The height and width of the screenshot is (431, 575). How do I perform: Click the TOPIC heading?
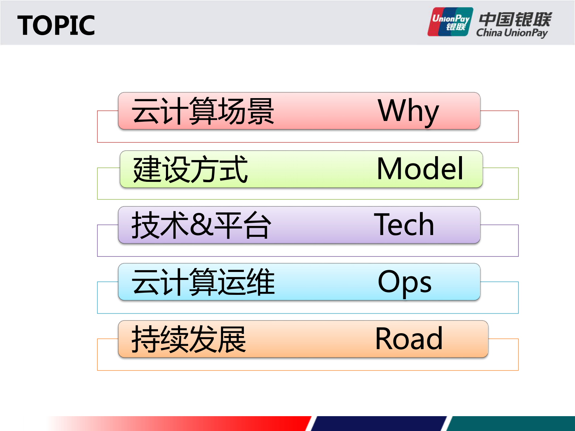tap(56, 26)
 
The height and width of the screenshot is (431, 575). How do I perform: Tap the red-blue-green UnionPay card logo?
tap(450, 22)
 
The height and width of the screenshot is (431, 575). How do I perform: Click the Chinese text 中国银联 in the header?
tap(515, 19)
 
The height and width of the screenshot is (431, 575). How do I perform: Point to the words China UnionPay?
tap(512, 33)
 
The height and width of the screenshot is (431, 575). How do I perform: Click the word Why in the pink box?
tap(408, 111)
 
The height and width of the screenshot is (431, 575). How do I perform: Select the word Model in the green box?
tap(420, 169)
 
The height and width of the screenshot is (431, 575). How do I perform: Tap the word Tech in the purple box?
tap(404, 225)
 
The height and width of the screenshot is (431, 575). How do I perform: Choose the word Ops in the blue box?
tap(404, 282)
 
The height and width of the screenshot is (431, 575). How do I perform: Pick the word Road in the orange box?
tap(409, 339)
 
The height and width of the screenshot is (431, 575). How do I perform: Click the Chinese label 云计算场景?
tap(203, 111)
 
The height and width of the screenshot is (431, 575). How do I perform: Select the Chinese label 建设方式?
tap(190, 169)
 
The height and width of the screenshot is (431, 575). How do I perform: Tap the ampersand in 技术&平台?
tap(201, 224)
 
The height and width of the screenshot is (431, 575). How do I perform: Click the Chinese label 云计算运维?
tap(203, 282)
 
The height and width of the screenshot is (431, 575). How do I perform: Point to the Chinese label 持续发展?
tap(189, 339)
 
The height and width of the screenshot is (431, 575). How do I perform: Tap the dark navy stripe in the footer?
tap(379, 423)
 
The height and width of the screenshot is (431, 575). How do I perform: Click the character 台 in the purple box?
tap(257, 225)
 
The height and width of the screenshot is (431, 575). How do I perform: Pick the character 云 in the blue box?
tap(145, 282)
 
